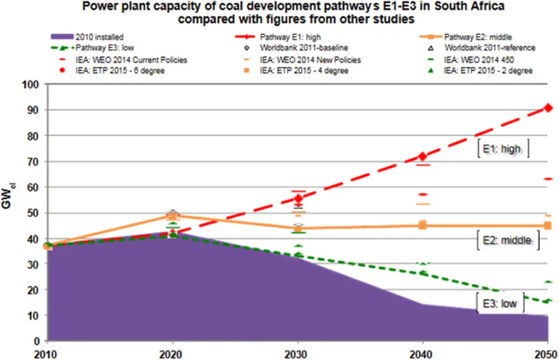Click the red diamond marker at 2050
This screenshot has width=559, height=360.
(x=548, y=108)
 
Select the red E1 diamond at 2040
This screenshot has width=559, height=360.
(x=423, y=156)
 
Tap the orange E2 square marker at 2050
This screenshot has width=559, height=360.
(x=548, y=225)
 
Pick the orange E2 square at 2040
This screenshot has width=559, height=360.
(x=423, y=225)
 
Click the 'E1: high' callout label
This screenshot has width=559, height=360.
(x=503, y=149)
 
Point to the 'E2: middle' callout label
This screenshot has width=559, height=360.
(x=508, y=240)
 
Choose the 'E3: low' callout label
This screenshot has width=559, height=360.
(x=500, y=303)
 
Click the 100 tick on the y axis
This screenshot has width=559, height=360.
(x=31, y=85)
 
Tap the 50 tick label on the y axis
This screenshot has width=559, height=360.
(x=33, y=214)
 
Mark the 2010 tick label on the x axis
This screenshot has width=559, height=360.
(x=46, y=355)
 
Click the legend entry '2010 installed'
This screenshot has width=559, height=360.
(x=88, y=37)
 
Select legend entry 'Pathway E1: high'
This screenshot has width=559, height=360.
(x=278, y=37)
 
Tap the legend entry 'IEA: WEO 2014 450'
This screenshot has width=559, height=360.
(x=471, y=60)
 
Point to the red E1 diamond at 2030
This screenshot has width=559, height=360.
(x=298, y=198)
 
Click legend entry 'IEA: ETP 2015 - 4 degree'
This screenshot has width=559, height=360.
(x=296, y=70)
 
